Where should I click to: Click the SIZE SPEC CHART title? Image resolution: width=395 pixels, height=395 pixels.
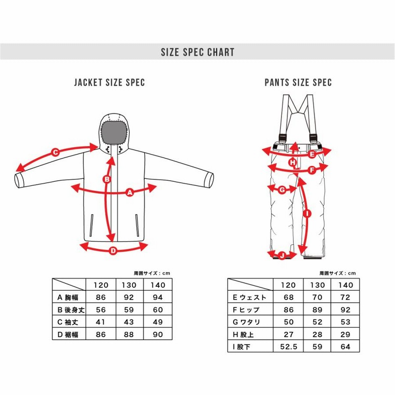[x=197, y=52]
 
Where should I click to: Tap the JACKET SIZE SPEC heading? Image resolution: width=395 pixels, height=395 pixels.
[x=109, y=82]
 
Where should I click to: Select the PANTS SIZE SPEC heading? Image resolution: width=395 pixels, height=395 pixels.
[x=298, y=82]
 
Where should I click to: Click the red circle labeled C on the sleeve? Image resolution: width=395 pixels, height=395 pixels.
[x=55, y=152]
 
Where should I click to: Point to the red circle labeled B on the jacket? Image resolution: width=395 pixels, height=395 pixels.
[x=107, y=179]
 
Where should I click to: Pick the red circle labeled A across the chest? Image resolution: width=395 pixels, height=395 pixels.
[x=130, y=193]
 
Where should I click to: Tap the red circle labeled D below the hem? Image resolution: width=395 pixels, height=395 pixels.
[x=114, y=251]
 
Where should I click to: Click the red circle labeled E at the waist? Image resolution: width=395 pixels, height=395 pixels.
[x=312, y=154]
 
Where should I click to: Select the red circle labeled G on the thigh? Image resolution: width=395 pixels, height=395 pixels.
[x=282, y=190]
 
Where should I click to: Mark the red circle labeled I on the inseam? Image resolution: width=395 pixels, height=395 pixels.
[x=307, y=214]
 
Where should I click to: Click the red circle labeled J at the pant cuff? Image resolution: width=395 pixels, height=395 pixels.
[x=282, y=256]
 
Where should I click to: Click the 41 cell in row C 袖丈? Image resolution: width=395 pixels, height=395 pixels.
[x=101, y=322]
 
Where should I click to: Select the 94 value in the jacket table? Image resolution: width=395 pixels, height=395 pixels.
[x=158, y=297]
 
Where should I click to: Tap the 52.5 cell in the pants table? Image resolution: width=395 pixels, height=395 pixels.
[x=288, y=347]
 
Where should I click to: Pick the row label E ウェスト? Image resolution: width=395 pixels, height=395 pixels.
[x=250, y=297]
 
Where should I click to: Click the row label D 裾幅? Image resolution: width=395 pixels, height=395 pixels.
[x=68, y=335]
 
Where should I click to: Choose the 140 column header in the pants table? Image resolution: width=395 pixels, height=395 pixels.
[x=345, y=285]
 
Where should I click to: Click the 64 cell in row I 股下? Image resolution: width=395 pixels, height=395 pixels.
[x=345, y=347]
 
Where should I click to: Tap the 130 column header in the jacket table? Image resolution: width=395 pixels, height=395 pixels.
[x=129, y=285]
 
